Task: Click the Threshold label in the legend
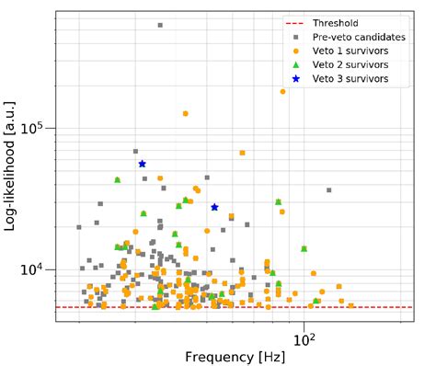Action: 334,23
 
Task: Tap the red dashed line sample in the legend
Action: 294,23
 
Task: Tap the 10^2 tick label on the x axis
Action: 304,337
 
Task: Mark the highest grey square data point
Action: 160,26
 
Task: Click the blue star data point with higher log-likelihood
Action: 143,164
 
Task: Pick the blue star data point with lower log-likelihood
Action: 214,207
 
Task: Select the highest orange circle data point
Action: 282,92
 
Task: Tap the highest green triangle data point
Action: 118,179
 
